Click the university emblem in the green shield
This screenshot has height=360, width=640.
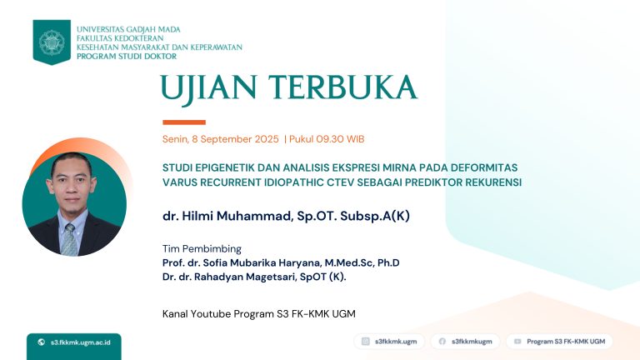pyautogui.click(x=52, y=42)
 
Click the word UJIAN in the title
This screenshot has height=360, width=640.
pyautogui.click(x=208, y=89)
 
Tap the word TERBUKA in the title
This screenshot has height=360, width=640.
pyautogui.click(x=342, y=87)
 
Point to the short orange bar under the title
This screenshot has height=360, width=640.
pyautogui.click(x=184, y=122)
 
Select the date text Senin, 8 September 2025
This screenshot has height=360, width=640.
pyautogui.click(x=220, y=139)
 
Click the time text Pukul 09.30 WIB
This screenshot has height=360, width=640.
pyautogui.click(x=327, y=139)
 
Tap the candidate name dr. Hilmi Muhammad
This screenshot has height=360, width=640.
pyautogui.click(x=227, y=216)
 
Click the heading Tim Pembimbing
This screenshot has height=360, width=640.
pyautogui.click(x=202, y=248)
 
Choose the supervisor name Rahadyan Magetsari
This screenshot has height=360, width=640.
pyautogui.click(x=245, y=277)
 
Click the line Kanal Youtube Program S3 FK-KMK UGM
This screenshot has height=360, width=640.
pyautogui.click(x=259, y=314)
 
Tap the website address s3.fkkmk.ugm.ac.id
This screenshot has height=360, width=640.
pyautogui.click(x=80, y=342)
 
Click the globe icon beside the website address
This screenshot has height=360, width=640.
pyautogui.click(x=41, y=342)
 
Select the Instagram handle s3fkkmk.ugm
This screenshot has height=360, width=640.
pyautogui.click(x=396, y=341)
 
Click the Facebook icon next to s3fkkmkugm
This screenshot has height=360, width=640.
pyautogui.click(x=442, y=341)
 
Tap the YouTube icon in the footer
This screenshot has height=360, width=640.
pyautogui.click(x=517, y=341)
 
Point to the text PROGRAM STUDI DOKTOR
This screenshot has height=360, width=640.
pyautogui.click(x=127, y=57)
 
